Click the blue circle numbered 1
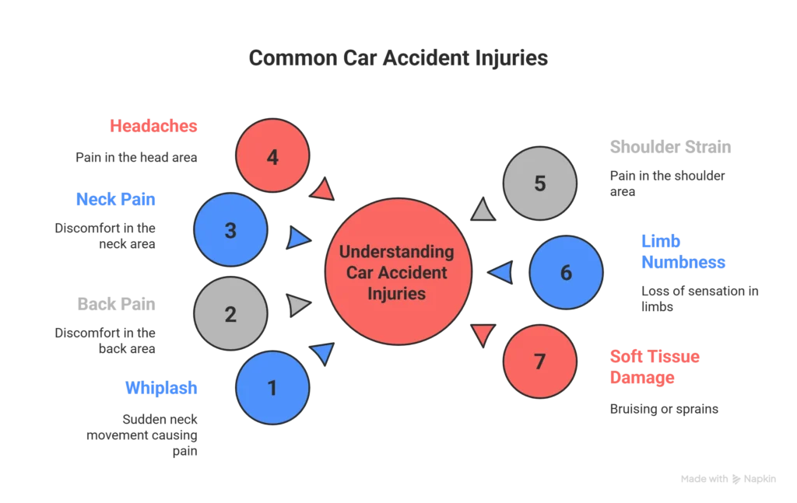point(272,387)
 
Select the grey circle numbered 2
point(230,314)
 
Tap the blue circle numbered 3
point(230,231)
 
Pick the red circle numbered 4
point(272,157)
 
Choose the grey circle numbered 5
point(540,183)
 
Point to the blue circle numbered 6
point(566,273)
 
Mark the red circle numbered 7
point(540,362)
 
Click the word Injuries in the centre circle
point(398,294)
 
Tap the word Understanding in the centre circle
point(398,252)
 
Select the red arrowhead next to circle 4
point(323,191)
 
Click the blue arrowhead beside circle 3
point(298,238)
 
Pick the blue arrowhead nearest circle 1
point(323,354)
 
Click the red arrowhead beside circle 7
point(483,335)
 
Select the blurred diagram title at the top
point(398,58)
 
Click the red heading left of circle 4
point(153,126)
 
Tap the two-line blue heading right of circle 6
point(683,251)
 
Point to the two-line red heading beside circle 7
point(655,367)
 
